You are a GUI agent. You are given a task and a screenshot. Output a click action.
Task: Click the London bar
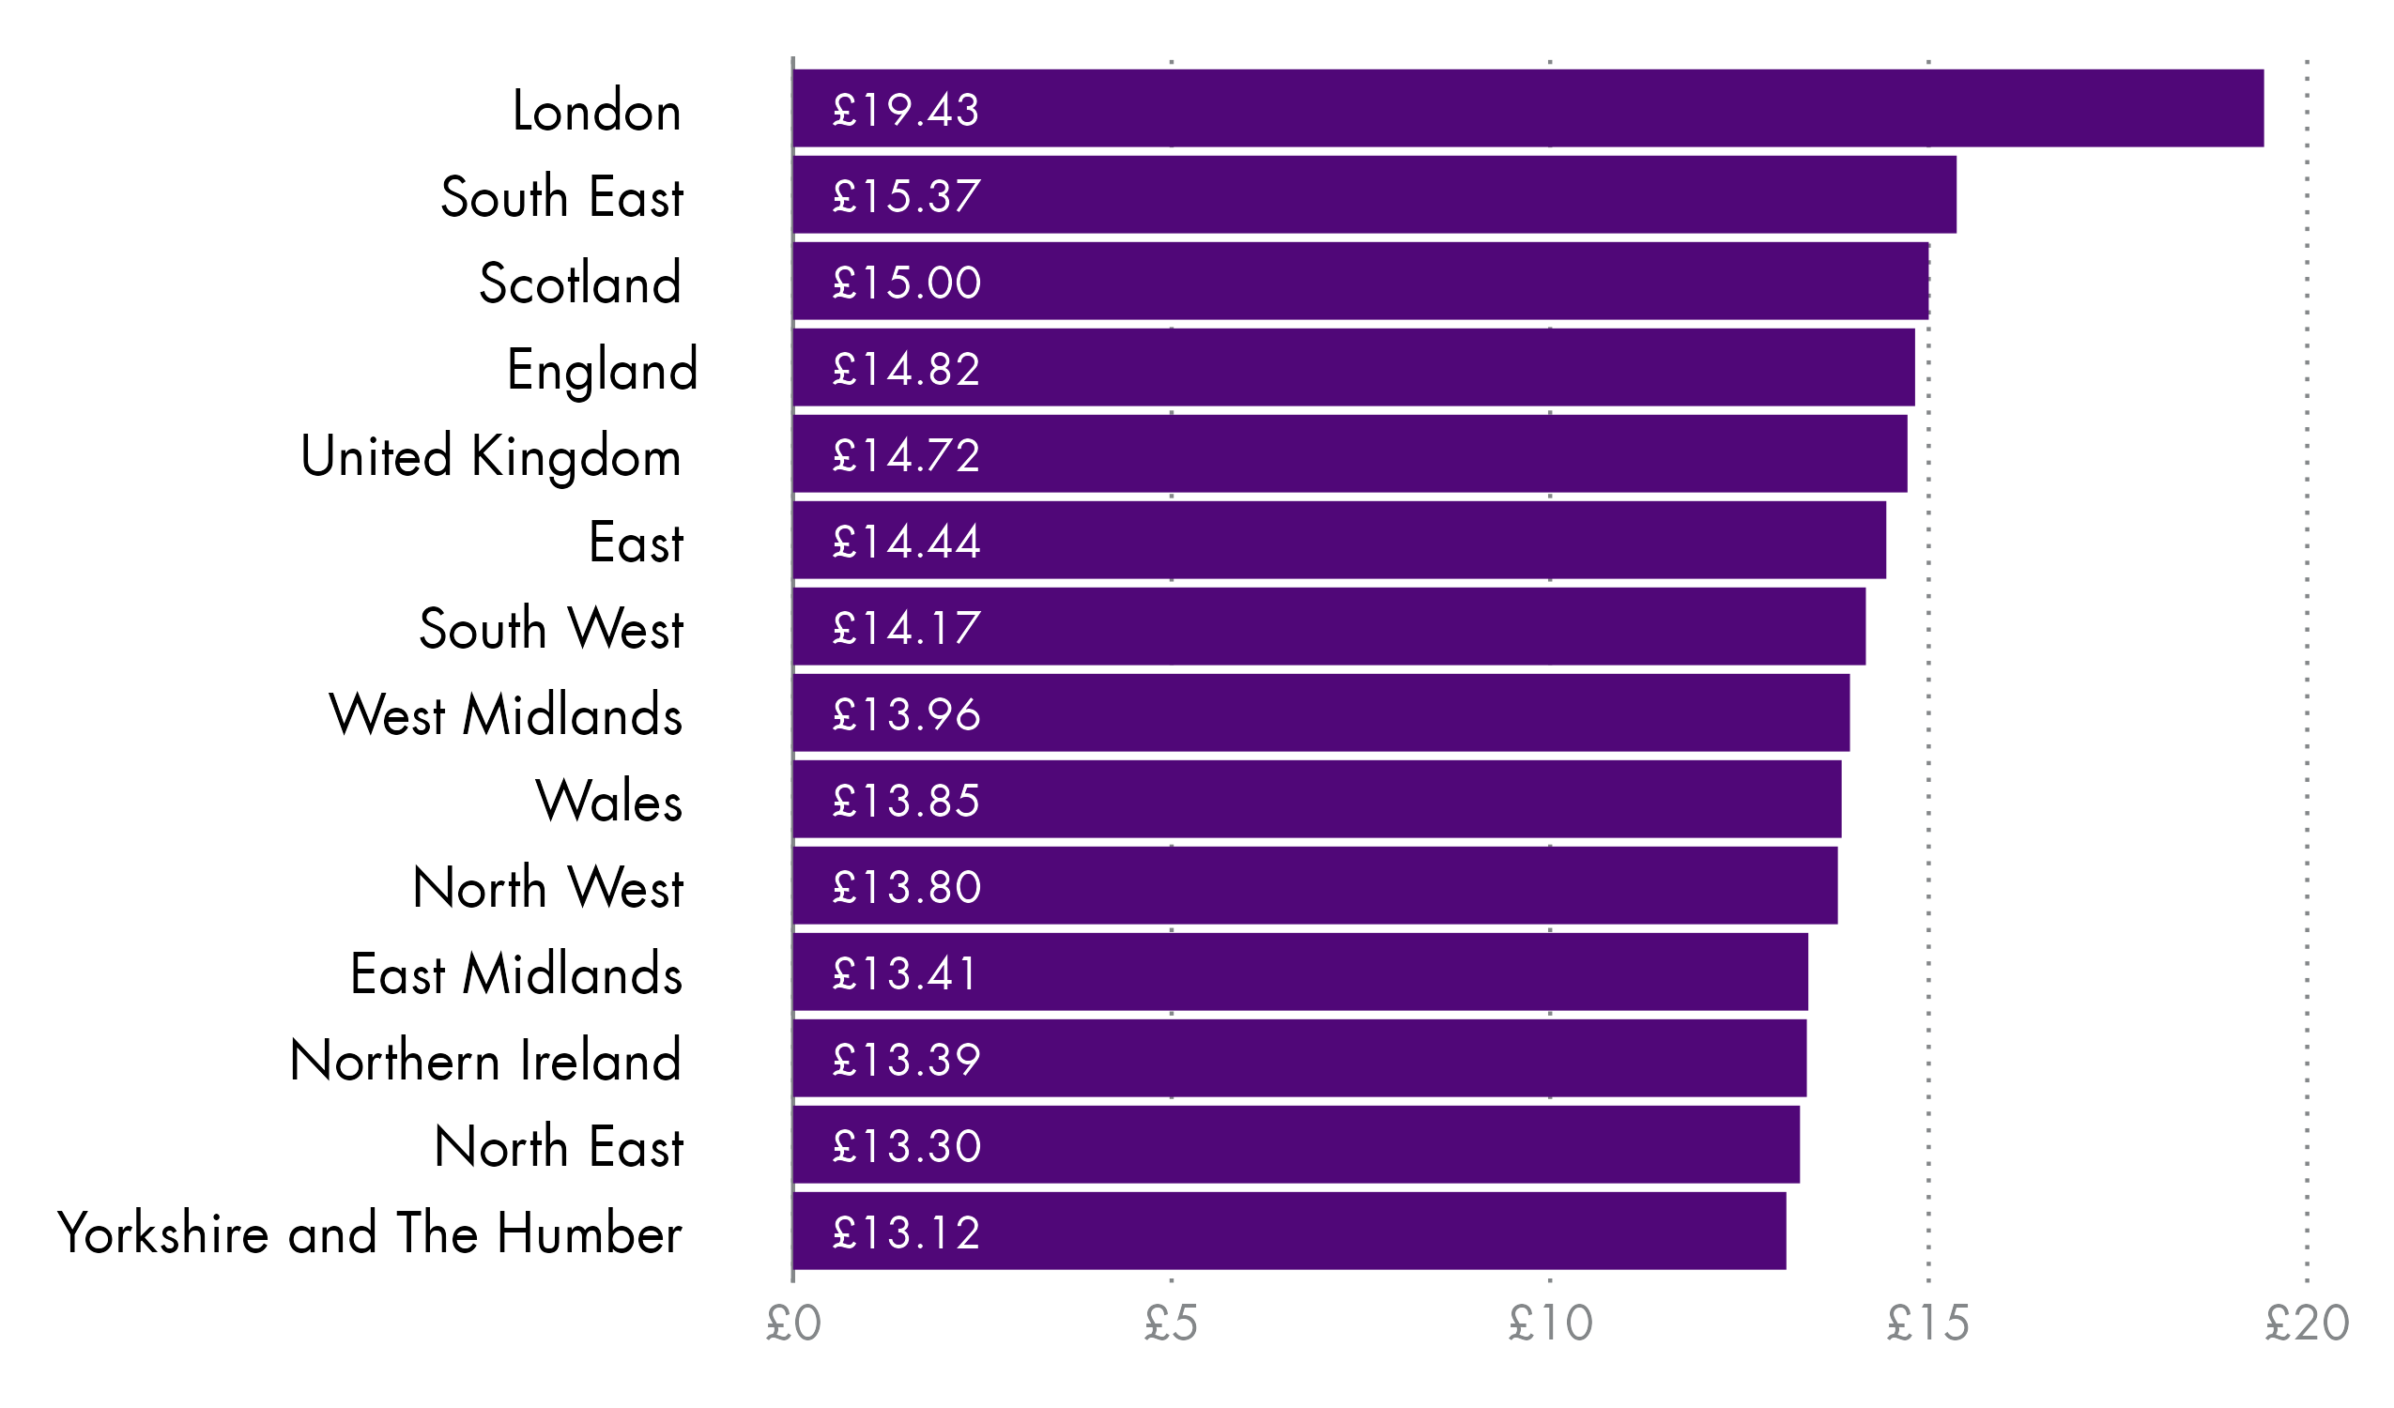tap(1527, 108)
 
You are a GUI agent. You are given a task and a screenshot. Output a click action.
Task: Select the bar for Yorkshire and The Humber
tap(1289, 1232)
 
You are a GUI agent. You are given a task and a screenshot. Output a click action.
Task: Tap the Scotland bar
tap(1360, 282)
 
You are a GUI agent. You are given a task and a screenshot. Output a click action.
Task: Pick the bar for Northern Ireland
tap(1299, 1059)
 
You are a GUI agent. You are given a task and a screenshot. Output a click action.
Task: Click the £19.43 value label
tap(905, 109)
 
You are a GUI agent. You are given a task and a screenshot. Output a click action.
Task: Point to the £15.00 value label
tap(906, 283)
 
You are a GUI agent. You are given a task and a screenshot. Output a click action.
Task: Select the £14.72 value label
tap(905, 455)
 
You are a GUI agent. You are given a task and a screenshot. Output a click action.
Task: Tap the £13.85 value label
tap(905, 800)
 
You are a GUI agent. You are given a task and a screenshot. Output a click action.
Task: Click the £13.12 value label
tap(905, 1232)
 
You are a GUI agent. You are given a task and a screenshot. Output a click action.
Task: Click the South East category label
tap(561, 197)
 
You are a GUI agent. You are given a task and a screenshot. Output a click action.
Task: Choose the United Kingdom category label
tap(490, 456)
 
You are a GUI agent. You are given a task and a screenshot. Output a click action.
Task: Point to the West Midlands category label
tap(505, 714)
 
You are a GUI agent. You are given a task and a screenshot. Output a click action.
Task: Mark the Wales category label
tap(609, 800)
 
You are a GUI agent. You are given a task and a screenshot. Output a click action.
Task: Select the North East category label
tap(559, 1146)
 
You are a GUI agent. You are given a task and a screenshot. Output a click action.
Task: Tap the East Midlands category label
tap(515, 973)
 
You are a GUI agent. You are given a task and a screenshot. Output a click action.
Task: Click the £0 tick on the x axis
tap(793, 1324)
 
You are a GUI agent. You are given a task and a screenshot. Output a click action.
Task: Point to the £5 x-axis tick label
tap(1171, 1324)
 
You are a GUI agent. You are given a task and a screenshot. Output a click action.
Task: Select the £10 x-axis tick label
tap(1549, 1324)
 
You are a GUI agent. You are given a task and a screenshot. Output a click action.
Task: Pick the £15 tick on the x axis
tap(1927, 1324)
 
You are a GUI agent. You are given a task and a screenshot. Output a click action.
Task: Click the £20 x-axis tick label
tap(2307, 1324)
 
